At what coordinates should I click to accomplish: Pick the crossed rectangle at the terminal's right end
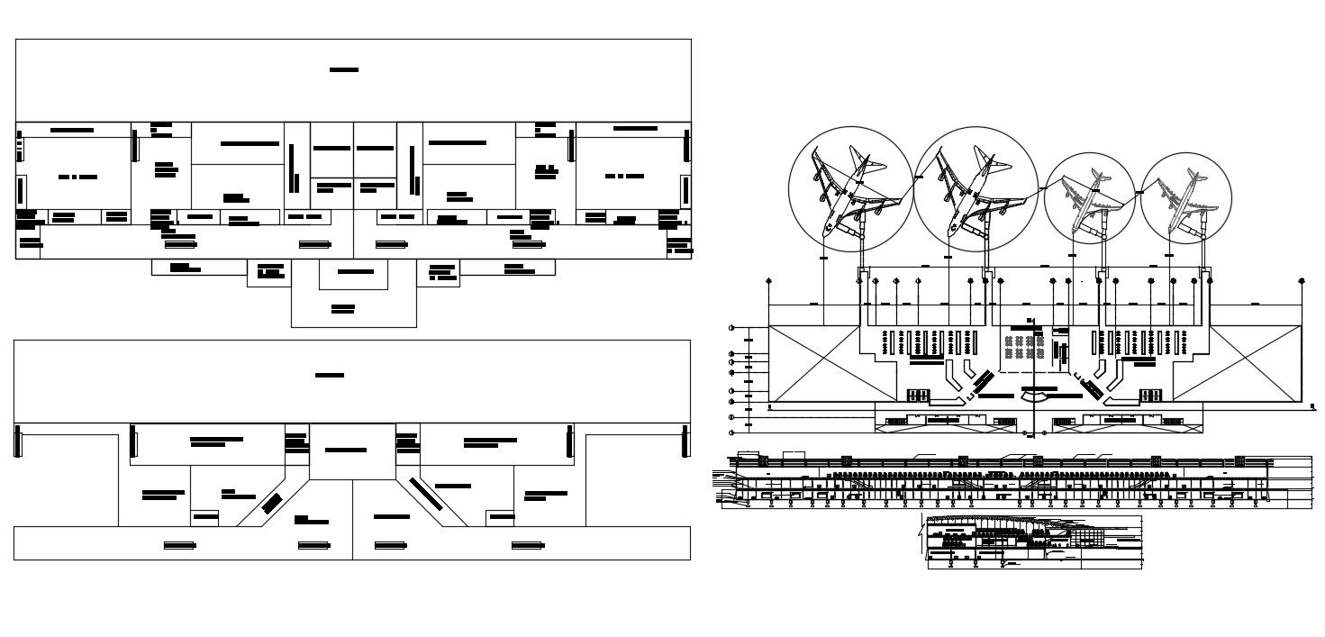(1254, 363)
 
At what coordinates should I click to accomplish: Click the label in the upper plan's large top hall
(344, 70)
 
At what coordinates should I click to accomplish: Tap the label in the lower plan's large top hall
(330, 375)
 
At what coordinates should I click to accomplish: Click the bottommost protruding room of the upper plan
(353, 309)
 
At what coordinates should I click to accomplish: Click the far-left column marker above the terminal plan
(768, 282)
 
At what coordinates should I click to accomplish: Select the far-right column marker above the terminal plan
(1301, 282)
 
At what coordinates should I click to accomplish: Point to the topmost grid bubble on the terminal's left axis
(731, 327)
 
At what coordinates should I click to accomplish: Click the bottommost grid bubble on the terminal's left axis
(731, 433)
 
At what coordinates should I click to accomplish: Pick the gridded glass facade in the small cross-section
(1088, 537)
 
